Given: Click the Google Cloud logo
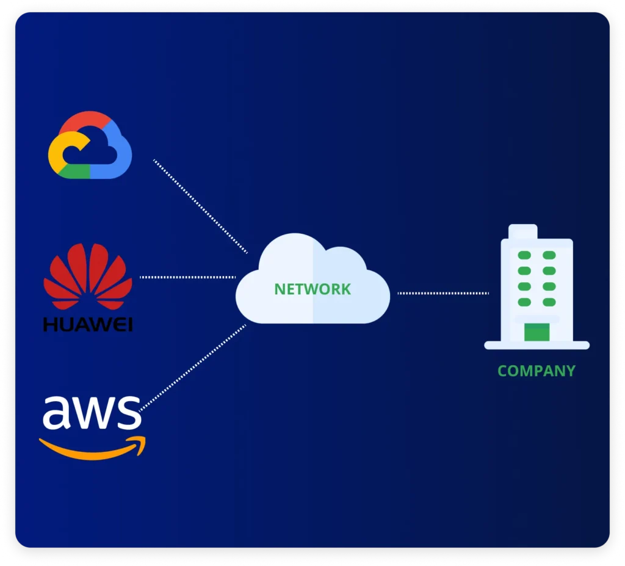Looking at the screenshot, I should pos(90,145).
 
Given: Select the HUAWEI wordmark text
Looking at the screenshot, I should pos(87,324).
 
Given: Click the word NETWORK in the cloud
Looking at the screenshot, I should pos(312,289).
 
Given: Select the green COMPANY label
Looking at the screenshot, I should pos(536,371).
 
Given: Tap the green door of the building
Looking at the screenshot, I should pos(536,333).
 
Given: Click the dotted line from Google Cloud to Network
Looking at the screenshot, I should pos(200,206).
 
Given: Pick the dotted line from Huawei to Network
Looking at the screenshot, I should pos(187,277).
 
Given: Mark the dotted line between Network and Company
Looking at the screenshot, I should pos(443,293).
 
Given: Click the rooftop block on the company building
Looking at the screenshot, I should pos(523,232).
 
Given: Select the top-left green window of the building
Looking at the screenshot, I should pos(524,255).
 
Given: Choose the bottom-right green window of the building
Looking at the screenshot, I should pos(549,302).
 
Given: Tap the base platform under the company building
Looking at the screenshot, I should pos(536,346).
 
